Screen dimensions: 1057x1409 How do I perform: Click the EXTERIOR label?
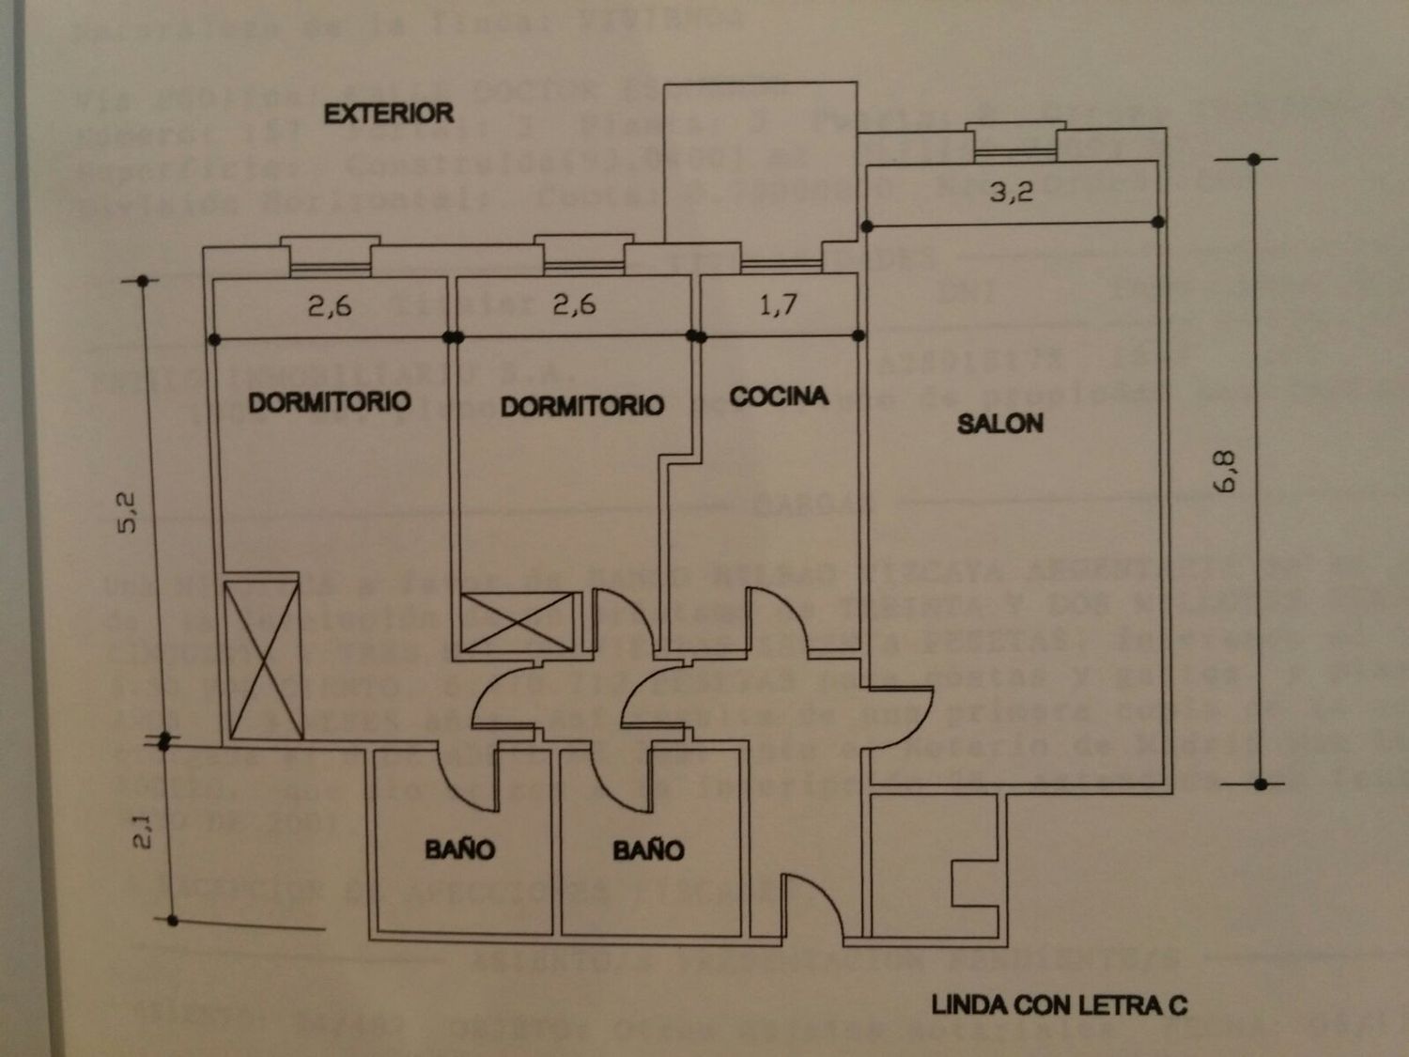388,114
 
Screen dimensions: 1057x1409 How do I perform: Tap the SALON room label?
999,424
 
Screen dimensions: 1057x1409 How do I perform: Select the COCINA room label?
779,396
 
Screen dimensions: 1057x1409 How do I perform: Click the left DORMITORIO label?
329,402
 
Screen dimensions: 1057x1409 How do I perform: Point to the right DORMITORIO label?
581,406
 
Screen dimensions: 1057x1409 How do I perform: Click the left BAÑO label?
459,849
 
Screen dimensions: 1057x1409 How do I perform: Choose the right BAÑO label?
648,850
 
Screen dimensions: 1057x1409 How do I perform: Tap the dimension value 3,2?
1011,193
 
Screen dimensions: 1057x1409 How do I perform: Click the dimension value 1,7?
778,305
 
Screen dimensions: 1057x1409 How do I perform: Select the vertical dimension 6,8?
1226,472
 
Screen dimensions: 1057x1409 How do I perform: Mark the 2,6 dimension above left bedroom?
329,305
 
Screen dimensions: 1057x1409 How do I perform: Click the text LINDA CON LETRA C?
1059,1005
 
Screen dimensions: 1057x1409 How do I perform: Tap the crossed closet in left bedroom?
264,660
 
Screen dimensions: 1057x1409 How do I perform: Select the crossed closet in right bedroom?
518,621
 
